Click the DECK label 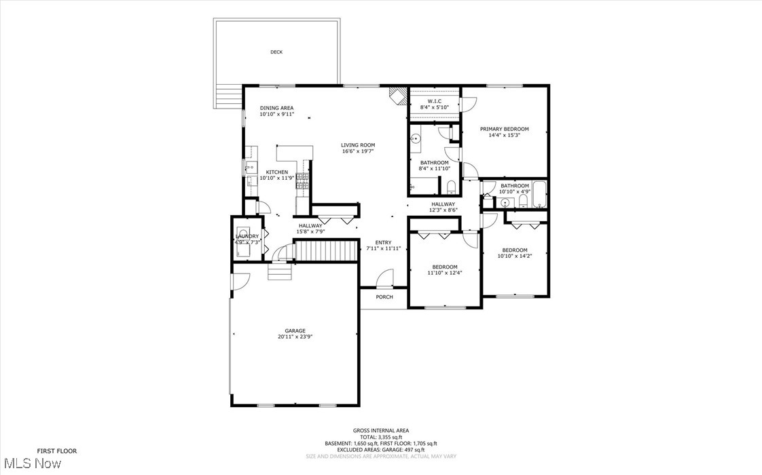tap(276, 52)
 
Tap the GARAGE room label tap(295, 331)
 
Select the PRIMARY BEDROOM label tap(504, 129)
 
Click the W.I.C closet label tap(434, 101)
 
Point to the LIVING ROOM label tap(358, 145)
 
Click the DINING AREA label tap(276, 108)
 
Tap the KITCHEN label tap(276, 172)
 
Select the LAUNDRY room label tap(247, 236)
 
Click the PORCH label tap(384, 297)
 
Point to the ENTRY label tap(384, 243)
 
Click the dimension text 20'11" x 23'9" tap(295, 337)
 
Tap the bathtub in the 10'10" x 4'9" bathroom tap(539, 194)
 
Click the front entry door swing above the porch tap(384, 278)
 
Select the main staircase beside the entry tap(328, 250)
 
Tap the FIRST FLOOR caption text tap(56, 451)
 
